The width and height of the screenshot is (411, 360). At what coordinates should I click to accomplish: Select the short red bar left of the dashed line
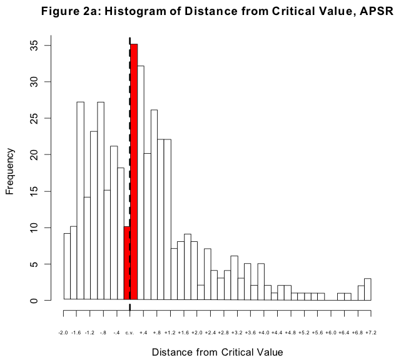pyautogui.click(x=126, y=263)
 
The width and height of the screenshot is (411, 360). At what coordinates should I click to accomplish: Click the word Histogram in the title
pyautogui.click(x=140, y=12)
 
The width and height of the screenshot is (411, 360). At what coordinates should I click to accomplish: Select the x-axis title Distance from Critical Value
pyautogui.click(x=217, y=352)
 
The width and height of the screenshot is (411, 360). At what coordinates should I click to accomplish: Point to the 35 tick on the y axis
pyautogui.click(x=38, y=45)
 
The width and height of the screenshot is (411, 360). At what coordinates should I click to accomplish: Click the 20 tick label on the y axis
pyautogui.click(x=38, y=154)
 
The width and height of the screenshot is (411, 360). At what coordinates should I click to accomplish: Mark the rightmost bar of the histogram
pyautogui.click(x=368, y=289)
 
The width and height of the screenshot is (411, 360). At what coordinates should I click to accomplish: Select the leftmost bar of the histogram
pyautogui.click(x=67, y=267)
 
